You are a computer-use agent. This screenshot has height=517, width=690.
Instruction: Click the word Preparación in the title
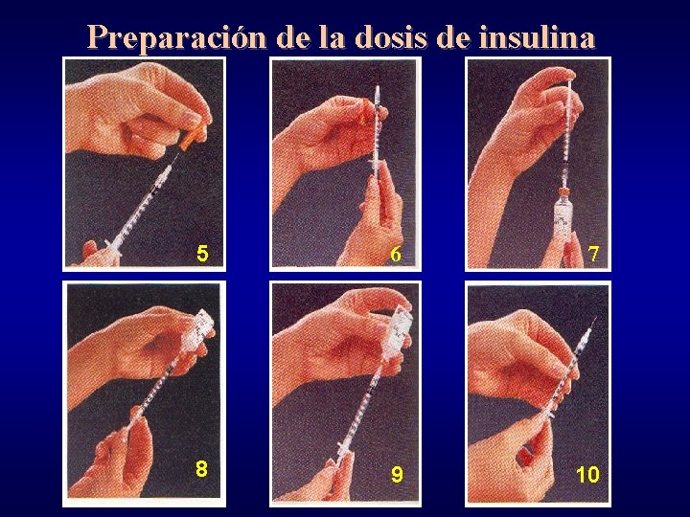(176, 37)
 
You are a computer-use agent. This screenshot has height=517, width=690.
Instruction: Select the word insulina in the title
(537, 37)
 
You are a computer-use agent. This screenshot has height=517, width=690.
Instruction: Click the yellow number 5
(202, 254)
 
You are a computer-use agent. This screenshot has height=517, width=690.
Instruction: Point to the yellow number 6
(396, 254)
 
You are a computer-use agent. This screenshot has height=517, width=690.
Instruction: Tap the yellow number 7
(593, 254)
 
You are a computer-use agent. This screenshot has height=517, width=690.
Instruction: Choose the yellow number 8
(201, 468)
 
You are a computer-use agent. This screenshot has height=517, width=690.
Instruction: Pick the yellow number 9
(397, 474)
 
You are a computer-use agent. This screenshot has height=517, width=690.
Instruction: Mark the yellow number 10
(587, 474)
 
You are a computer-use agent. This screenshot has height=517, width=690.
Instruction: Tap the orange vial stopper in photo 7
(563, 192)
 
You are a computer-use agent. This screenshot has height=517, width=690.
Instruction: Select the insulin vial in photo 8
(197, 329)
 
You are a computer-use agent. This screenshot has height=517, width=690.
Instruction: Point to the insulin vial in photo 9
(399, 327)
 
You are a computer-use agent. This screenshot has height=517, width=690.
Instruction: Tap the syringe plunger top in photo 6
(377, 89)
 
